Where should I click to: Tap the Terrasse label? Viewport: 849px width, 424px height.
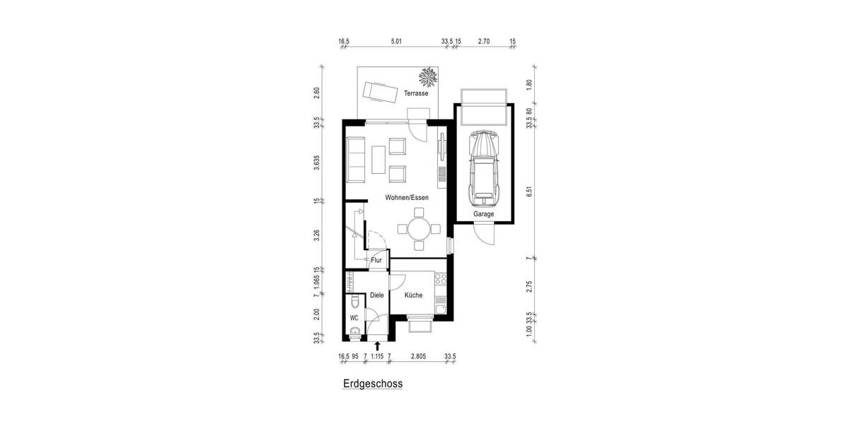(416, 93)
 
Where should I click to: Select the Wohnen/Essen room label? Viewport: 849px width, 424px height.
(407, 198)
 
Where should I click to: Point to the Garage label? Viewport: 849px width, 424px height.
(483, 213)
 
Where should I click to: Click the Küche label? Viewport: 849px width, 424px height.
(413, 295)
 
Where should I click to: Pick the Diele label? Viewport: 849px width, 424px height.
(376, 295)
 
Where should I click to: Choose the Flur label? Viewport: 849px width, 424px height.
(376, 260)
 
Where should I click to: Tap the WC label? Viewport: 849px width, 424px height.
(354, 318)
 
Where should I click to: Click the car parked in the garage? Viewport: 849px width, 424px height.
(484, 164)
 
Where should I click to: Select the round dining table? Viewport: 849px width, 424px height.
(419, 228)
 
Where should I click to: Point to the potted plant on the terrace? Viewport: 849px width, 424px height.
(427, 75)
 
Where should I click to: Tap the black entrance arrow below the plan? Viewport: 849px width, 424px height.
(377, 346)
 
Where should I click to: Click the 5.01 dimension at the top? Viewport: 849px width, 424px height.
(395, 42)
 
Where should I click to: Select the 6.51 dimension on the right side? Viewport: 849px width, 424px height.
(529, 193)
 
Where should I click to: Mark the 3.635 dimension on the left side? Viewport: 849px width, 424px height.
(317, 163)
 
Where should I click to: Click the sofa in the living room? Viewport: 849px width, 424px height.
(355, 158)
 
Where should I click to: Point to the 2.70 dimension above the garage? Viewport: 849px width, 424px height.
(484, 42)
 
